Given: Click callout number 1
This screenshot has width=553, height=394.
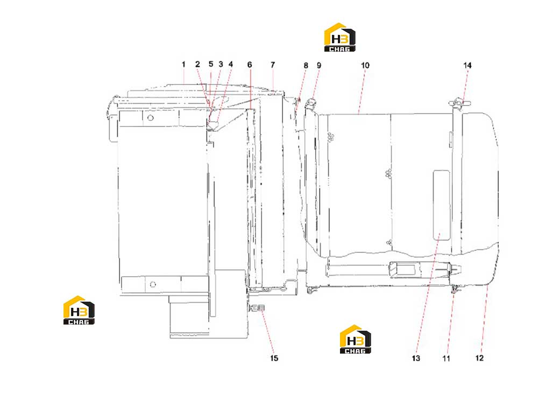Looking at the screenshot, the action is pos(183,65).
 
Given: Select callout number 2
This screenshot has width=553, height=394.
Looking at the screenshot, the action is pos(197,64).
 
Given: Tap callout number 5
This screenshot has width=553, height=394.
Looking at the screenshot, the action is pos(211,64).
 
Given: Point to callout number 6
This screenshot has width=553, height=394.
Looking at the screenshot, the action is pos(250,65).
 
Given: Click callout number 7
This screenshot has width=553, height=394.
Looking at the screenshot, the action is pos(273,65).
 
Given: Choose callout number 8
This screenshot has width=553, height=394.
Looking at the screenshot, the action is pos(306,65).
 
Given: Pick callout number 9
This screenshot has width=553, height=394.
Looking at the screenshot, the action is pos(319,65).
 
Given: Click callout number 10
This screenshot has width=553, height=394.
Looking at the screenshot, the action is pos(365,65).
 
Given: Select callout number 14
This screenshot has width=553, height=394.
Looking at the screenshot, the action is pos(467,65).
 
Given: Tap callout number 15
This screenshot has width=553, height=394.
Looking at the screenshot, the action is pos(274,358).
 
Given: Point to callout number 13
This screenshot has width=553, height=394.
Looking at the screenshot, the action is pos(416,358).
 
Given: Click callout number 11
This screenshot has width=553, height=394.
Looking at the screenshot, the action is pos(446,358).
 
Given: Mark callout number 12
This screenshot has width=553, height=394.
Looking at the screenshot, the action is pos(479,358).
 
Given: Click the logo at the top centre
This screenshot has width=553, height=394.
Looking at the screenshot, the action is pos(339,37).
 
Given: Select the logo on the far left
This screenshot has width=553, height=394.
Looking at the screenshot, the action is pos(79,310).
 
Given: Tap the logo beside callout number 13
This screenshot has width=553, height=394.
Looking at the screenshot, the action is pos(355,339).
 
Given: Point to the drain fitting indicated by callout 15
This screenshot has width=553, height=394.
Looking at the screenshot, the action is pos(258,308).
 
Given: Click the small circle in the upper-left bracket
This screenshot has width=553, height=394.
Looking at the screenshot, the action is pos(151,117).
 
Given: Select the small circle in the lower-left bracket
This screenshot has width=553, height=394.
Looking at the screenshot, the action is pos(153,284).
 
